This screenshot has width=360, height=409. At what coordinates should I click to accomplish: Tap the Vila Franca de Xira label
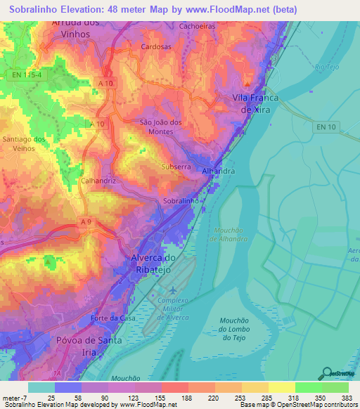(256, 104)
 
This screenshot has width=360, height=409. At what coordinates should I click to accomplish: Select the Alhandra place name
(218, 171)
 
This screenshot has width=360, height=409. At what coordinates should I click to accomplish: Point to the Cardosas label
(155, 48)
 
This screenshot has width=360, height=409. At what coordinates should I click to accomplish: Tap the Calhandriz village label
(98, 180)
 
